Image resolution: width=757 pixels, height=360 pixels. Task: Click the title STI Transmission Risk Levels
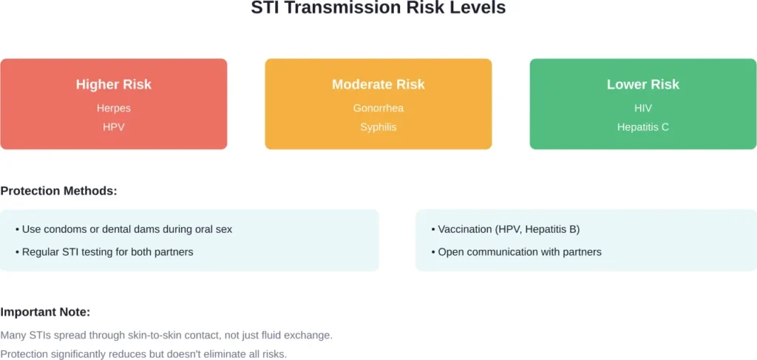pyautogui.click(x=378, y=9)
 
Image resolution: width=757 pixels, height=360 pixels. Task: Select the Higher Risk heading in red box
pyautogui.click(x=113, y=84)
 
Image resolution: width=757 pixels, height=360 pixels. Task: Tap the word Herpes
pyautogui.click(x=113, y=108)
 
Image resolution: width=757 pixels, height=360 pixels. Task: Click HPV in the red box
pyautogui.click(x=113, y=127)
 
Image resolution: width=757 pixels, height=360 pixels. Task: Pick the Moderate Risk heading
pyautogui.click(x=378, y=84)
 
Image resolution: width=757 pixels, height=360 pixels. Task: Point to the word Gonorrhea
pyautogui.click(x=378, y=108)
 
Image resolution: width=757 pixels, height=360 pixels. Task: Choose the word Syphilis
pyautogui.click(x=378, y=127)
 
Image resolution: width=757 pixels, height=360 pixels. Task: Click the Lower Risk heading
pyautogui.click(x=642, y=84)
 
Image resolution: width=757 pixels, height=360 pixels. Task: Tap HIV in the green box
pyautogui.click(x=642, y=108)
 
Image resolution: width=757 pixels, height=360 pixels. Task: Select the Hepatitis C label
pyautogui.click(x=642, y=127)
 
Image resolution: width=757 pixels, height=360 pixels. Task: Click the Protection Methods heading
pyautogui.click(x=58, y=191)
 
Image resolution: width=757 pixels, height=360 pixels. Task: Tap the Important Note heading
pyautogui.click(x=45, y=312)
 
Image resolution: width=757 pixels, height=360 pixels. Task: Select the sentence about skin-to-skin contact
pyautogui.click(x=166, y=335)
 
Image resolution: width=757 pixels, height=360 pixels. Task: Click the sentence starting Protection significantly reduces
pyautogui.click(x=143, y=354)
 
